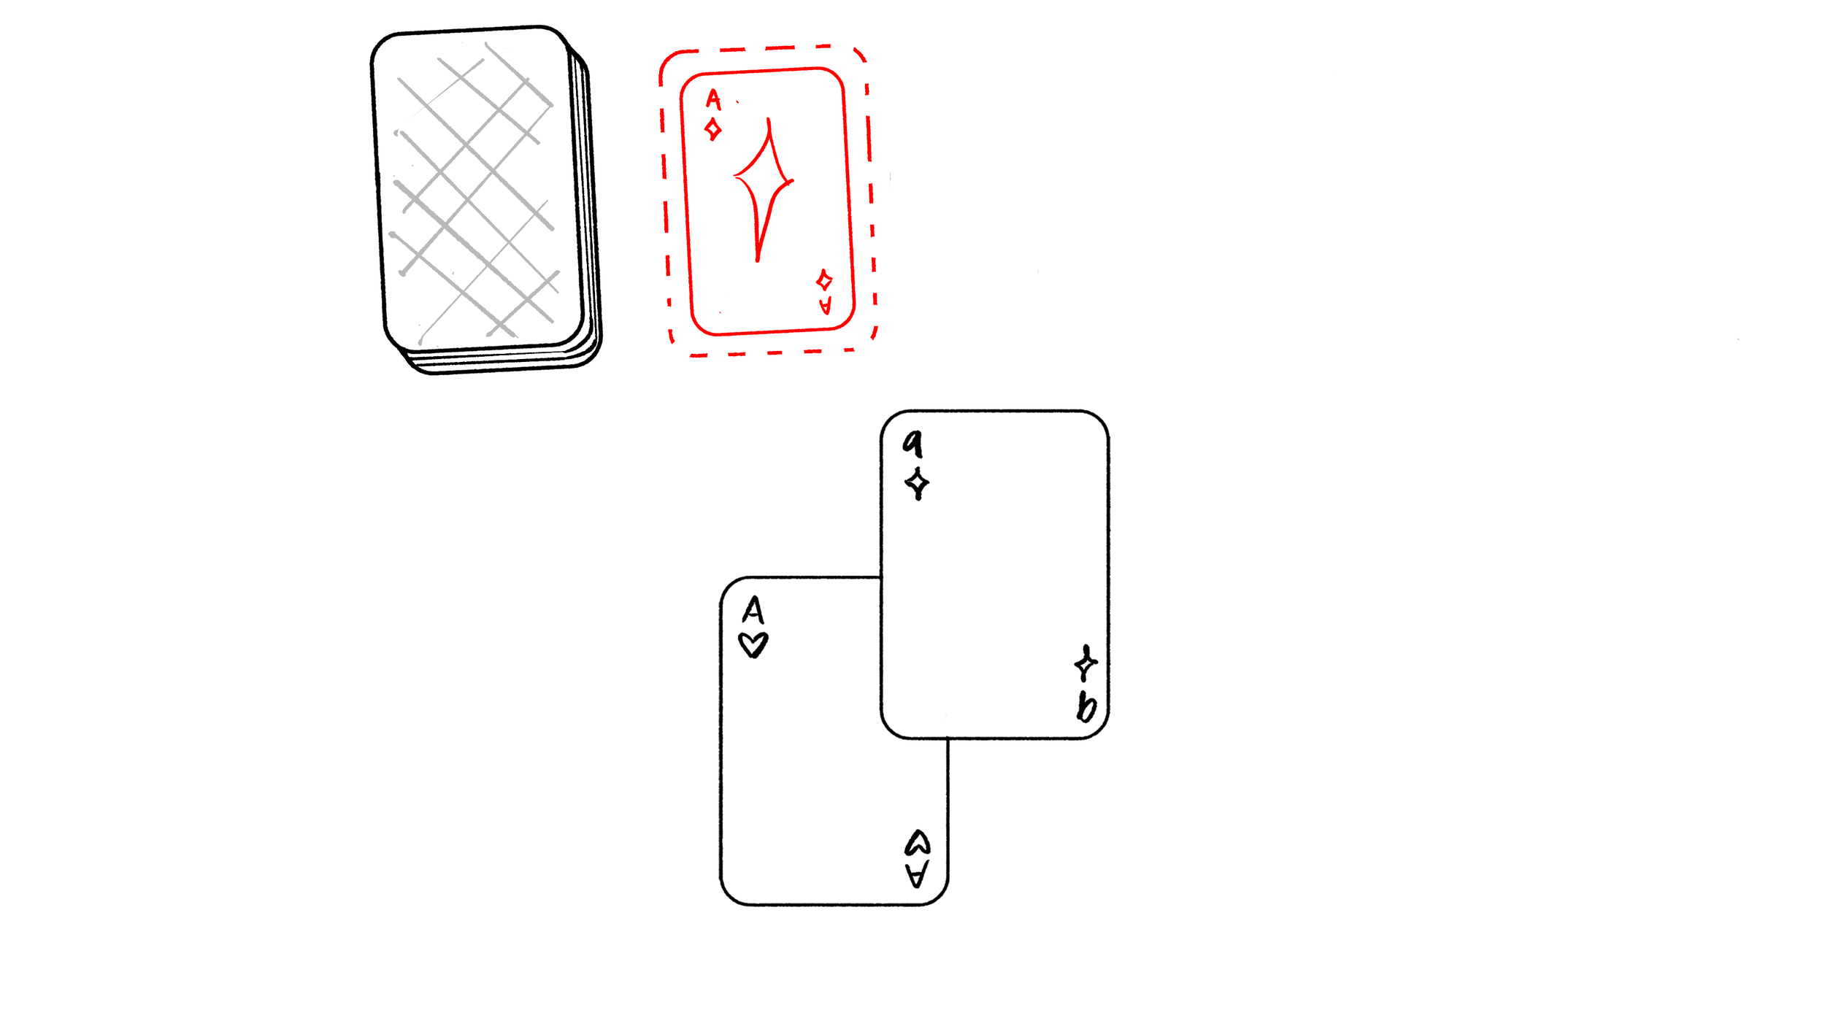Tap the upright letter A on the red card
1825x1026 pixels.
coord(713,99)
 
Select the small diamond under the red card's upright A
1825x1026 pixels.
coord(713,130)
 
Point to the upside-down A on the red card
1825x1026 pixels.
coord(826,306)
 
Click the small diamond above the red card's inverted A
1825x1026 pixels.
coord(824,280)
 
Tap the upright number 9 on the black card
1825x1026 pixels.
coord(912,443)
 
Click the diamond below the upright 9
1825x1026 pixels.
coord(917,483)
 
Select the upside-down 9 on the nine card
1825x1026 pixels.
coord(1087,706)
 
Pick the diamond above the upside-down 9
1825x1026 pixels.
coord(1086,663)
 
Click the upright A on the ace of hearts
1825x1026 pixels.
coord(753,610)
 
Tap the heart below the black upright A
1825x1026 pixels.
coord(753,645)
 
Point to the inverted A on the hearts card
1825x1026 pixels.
coord(917,873)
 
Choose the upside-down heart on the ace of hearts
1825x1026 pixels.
coord(918,842)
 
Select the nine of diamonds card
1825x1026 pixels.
coord(994,575)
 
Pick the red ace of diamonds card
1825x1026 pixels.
coord(767,201)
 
